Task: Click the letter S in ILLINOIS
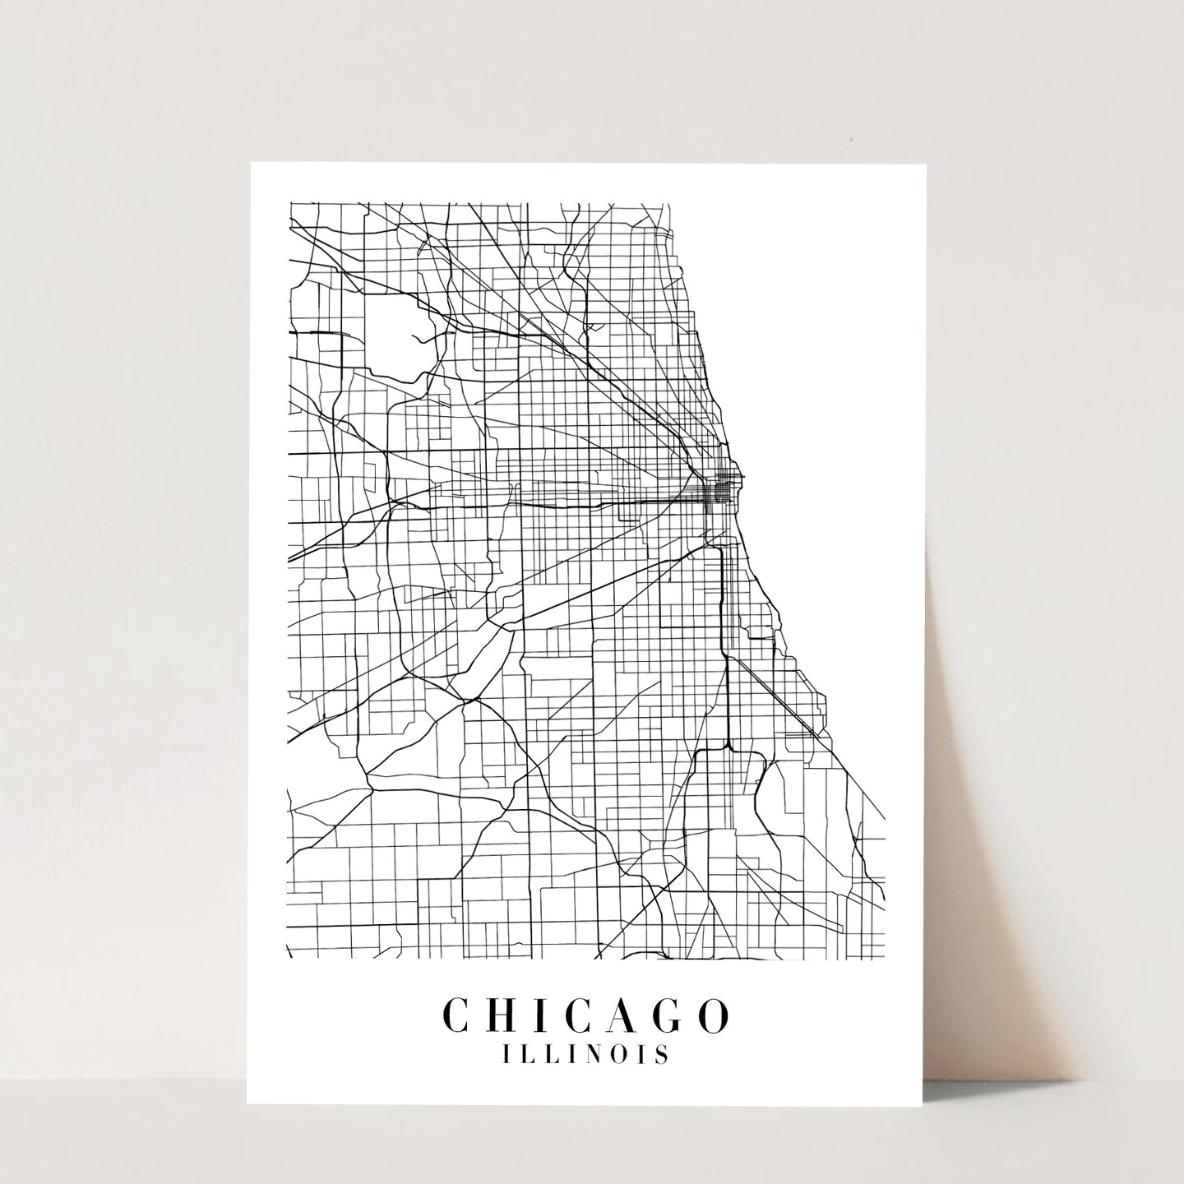pos(662,1055)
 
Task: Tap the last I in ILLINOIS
pos(642,1055)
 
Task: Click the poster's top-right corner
pos(927,164)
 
